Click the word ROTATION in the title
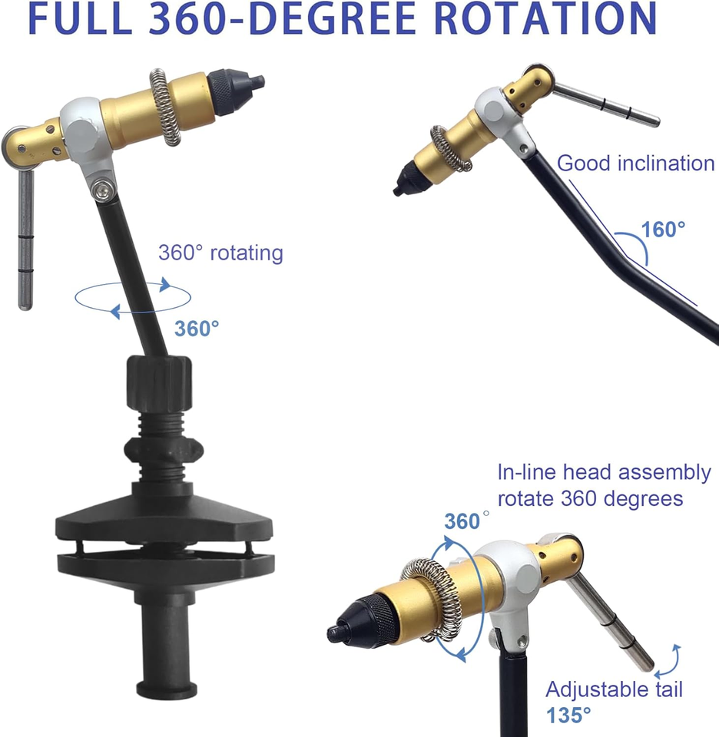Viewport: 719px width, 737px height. point(545,18)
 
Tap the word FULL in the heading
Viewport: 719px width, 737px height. point(81,18)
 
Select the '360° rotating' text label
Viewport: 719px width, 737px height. point(220,253)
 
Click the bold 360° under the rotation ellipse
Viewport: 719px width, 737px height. point(197,329)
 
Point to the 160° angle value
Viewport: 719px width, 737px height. point(663,230)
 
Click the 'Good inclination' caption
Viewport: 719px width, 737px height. point(636,164)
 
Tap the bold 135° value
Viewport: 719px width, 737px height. point(568,716)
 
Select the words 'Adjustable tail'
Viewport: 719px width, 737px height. point(614,690)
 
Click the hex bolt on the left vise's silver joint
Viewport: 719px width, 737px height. point(102,190)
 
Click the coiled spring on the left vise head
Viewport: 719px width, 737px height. point(165,107)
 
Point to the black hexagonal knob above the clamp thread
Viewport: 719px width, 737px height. point(160,384)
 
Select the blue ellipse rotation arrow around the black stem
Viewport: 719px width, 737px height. point(133,298)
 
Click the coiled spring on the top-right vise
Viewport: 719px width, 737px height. point(450,148)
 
